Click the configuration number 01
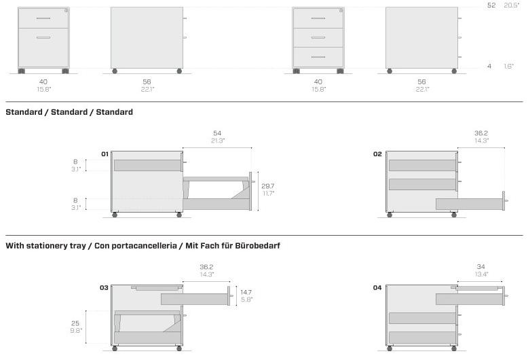click(105, 154)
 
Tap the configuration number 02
click(377, 154)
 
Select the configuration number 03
click(104, 287)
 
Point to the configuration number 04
click(377, 287)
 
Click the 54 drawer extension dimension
click(217, 133)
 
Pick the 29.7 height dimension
click(267, 185)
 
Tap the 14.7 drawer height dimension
click(246, 292)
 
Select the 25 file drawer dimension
click(75, 323)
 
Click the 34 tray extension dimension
click(481, 267)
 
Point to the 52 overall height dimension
click(491, 5)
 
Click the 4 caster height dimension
click(489, 66)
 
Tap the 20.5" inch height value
click(512, 5)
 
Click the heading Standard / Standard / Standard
click(69, 112)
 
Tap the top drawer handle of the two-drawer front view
click(43, 18)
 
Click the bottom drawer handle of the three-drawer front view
click(318, 57)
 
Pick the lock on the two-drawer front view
click(66, 11)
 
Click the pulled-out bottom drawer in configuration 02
click(471, 204)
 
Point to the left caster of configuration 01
click(115, 215)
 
